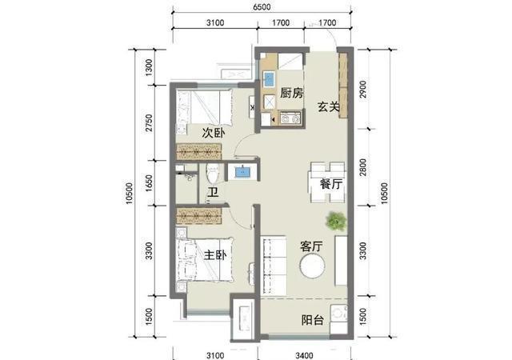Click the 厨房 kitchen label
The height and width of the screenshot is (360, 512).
pyautogui.click(x=291, y=93)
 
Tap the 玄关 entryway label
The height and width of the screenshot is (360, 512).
pyautogui.click(x=329, y=106)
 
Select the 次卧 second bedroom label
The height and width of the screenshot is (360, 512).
pyautogui.click(x=214, y=133)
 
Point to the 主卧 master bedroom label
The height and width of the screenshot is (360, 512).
pyautogui.click(x=215, y=255)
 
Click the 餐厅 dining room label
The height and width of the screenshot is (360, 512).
pyautogui.click(x=331, y=183)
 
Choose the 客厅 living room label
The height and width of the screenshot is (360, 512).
pyautogui.click(x=312, y=246)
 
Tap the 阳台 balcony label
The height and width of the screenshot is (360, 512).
pyautogui.click(x=313, y=320)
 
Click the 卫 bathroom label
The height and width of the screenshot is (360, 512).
pyautogui.click(x=213, y=193)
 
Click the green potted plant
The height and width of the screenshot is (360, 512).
pyautogui.click(x=336, y=221)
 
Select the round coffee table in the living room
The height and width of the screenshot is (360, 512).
pyautogui.click(x=313, y=266)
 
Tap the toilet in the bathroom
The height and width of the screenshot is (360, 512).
pyautogui.click(x=213, y=174)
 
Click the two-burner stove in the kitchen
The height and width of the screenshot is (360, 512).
pyautogui.click(x=290, y=118)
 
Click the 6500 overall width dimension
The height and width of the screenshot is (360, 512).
pyautogui.click(x=262, y=6)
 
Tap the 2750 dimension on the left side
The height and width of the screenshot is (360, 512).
pyautogui.click(x=149, y=123)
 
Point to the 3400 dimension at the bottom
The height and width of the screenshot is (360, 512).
pyautogui.click(x=304, y=354)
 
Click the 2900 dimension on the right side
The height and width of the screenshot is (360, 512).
pyautogui.click(x=362, y=89)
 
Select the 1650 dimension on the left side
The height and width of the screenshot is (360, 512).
pyautogui.click(x=149, y=183)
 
